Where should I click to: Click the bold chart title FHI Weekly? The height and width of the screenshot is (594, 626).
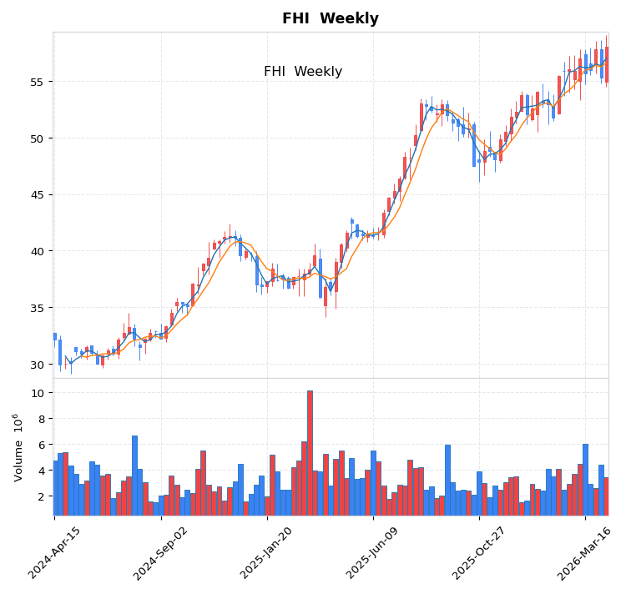(x=330, y=18)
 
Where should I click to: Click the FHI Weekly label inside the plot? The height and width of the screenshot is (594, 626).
(x=303, y=72)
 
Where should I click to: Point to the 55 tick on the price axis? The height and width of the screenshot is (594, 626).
(x=36, y=82)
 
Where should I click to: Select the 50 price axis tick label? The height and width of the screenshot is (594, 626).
(x=36, y=138)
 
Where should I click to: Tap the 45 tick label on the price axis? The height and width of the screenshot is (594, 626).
(x=36, y=195)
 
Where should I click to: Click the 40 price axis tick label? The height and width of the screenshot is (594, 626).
(x=36, y=251)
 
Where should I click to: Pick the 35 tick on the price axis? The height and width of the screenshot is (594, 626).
(x=36, y=308)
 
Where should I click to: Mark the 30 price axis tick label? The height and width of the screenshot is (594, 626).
(x=36, y=365)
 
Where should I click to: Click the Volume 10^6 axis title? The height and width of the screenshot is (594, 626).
(x=17, y=447)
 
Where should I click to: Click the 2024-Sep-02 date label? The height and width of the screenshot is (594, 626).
(x=161, y=553)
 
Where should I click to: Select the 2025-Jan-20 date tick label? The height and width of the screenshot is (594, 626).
(x=267, y=553)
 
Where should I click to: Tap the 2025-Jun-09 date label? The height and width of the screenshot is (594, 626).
(x=373, y=553)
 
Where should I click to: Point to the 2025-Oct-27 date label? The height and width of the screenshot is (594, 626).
(x=479, y=553)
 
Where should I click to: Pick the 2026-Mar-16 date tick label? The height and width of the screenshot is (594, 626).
(x=585, y=553)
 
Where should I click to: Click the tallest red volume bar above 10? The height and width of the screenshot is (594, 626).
(x=310, y=452)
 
